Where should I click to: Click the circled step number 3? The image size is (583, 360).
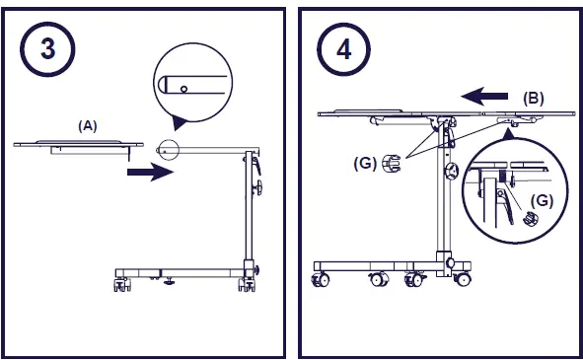pos(47,49)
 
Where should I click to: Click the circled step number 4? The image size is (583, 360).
pos(343,49)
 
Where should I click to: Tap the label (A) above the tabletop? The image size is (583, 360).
pos(88,126)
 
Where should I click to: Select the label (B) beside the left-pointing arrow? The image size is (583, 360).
pos(534,99)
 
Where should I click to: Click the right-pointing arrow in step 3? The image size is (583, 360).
pos(150,172)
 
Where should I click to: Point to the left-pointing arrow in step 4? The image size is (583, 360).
pos(484,97)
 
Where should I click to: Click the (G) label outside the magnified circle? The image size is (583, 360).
pos(365,163)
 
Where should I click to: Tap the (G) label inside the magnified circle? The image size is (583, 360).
pos(542,201)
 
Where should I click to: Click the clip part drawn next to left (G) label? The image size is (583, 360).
pos(392,163)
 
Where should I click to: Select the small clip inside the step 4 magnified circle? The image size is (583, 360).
pos(531,218)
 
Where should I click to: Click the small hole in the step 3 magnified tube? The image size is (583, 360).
pos(183,89)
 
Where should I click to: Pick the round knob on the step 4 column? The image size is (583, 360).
pos(452,171)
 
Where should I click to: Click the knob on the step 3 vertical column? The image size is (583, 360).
pos(257,187)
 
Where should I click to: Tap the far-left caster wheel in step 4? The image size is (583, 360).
pos(321,279)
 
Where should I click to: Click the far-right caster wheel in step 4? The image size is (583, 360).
pos(463,279)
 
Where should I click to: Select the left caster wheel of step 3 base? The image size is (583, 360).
pos(122,284)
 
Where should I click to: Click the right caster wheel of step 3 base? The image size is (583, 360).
pos(247,284)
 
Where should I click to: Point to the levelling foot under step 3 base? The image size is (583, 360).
pos(169,281)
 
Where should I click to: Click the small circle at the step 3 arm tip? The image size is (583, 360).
pos(169,150)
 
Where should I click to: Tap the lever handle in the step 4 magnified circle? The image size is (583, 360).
pos(505,205)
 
